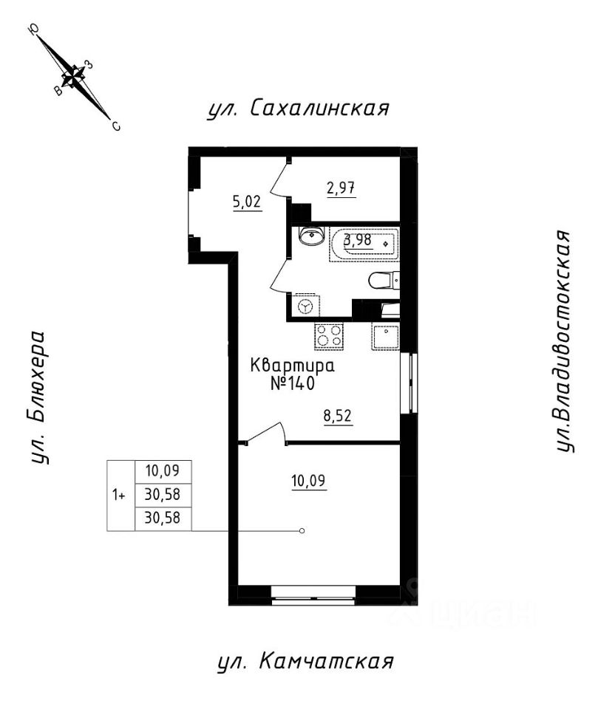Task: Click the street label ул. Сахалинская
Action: point(298,109)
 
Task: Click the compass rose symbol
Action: point(73,75)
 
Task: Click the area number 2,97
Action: point(342,188)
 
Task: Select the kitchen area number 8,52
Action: point(336,415)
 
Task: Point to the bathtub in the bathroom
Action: point(365,243)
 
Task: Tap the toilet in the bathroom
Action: point(383,281)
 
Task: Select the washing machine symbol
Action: point(305,304)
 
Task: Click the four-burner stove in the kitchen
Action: point(330,336)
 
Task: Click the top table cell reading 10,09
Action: point(163,470)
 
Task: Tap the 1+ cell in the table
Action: point(119,495)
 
